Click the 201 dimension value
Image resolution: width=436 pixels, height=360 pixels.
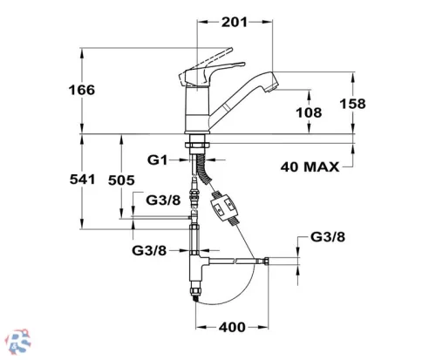(235, 22)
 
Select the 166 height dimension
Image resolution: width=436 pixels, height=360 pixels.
(82, 90)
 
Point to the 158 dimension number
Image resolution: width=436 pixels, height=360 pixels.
(353, 104)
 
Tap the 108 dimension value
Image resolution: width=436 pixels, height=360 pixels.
(309, 112)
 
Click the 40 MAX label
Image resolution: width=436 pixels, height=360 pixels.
(310, 167)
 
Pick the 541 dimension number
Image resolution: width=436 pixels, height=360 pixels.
(83, 180)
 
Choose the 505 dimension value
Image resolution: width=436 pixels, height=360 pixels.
(121, 180)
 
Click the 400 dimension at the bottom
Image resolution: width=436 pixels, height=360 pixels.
(232, 328)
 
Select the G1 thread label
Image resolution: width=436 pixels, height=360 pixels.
(158, 160)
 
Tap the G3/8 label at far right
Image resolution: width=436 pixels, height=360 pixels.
(328, 237)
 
